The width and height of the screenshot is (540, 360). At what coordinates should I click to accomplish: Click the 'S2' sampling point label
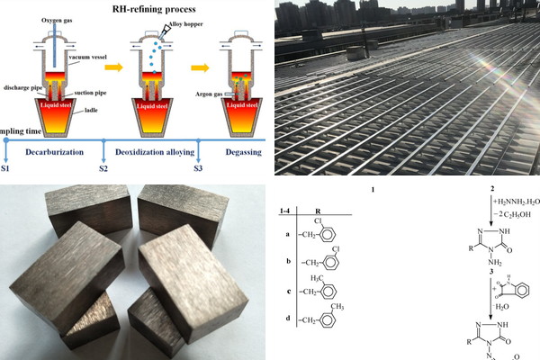pos(103,168)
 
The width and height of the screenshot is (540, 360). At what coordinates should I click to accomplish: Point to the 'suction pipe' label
pos(94,90)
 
